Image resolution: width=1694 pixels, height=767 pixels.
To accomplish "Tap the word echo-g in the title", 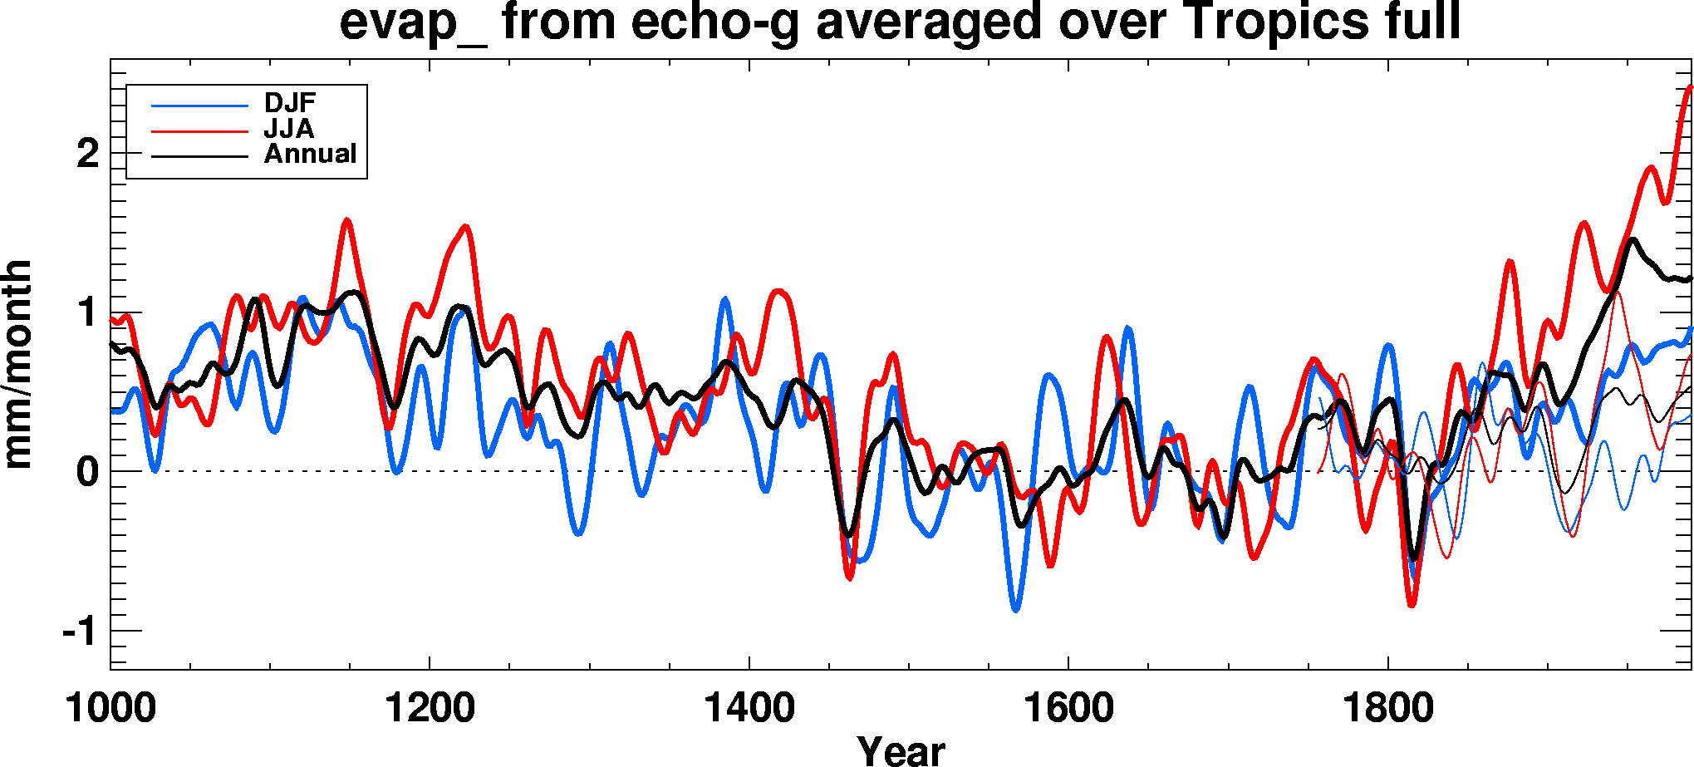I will [x=714, y=22].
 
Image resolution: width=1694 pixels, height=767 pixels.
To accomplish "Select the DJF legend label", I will [x=290, y=103].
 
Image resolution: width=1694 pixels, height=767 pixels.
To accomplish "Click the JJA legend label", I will [x=288, y=129].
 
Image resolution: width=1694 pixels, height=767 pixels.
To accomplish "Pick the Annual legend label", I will [x=310, y=155].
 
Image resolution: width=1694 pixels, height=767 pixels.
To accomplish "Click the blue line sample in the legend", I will [x=199, y=106].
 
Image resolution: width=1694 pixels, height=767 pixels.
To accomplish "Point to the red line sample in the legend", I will [x=199, y=131].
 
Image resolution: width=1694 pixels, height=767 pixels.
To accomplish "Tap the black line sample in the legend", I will [x=199, y=156].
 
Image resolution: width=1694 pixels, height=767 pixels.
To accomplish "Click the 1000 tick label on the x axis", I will [x=110, y=709].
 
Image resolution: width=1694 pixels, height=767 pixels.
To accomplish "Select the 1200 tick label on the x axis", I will [x=430, y=709].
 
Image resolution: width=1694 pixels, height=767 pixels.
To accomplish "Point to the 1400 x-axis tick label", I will [x=749, y=709].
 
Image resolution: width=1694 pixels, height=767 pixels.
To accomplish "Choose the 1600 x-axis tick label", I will [x=1068, y=709].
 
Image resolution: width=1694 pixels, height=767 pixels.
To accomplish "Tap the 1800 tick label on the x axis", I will [x=1387, y=709].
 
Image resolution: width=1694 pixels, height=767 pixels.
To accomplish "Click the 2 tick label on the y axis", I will [x=87, y=154].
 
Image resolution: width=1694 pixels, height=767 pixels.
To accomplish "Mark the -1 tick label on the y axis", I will [x=81, y=632].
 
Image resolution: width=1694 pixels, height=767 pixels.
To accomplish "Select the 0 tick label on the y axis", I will [x=87, y=473].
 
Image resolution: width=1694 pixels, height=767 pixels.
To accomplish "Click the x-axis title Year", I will [x=901, y=751].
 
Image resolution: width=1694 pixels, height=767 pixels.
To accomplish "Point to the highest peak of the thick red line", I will [x=1690, y=86].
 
